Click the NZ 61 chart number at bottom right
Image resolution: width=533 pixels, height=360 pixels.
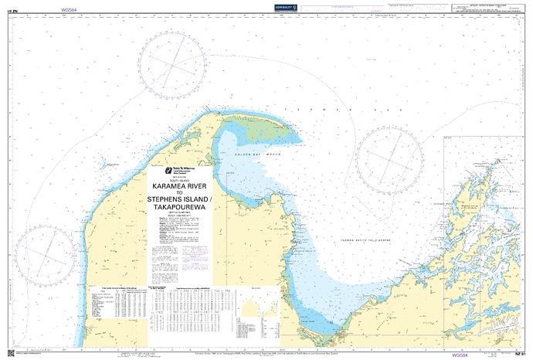click(519, 355)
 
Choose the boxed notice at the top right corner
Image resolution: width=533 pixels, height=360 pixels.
click(490, 11)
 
